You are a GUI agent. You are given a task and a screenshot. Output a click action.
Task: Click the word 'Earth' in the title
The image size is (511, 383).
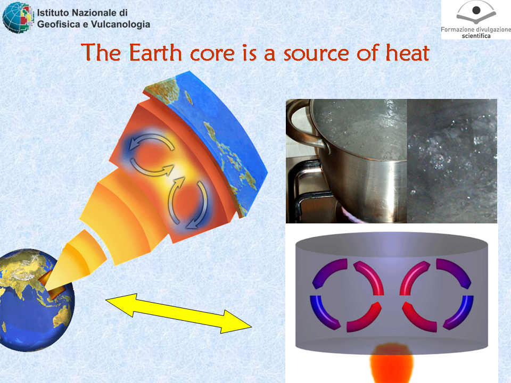(x=155, y=53)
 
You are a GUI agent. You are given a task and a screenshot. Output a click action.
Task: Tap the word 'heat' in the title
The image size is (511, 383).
(x=407, y=53)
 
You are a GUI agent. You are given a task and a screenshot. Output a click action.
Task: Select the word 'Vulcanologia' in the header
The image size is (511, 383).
(x=121, y=24)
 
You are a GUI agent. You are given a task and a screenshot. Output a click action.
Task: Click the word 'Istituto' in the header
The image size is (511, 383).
(x=53, y=13)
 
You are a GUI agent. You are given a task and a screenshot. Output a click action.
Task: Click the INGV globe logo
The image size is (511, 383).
(x=18, y=17)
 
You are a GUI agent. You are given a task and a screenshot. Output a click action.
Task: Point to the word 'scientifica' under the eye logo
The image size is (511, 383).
(x=476, y=36)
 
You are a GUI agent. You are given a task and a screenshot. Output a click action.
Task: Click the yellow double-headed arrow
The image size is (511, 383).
(x=179, y=313)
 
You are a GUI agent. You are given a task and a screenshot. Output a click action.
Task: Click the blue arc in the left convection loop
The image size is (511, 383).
(x=325, y=312)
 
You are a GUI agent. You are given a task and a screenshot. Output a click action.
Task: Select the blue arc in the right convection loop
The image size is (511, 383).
(x=458, y=312)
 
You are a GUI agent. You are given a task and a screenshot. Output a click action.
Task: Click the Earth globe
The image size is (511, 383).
(x=35, y=300)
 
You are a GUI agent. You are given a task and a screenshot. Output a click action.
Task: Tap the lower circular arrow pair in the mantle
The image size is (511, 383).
(x=188, y=203)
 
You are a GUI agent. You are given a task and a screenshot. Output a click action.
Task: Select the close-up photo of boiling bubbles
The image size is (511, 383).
(x=452, y=161)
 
